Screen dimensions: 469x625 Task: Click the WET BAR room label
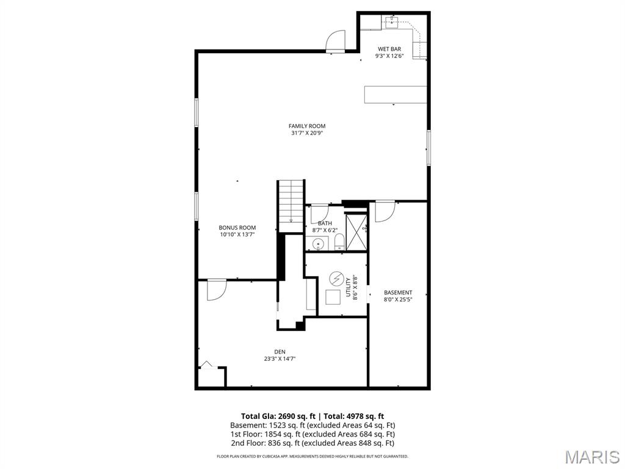389,49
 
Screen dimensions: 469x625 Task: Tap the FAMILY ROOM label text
307,126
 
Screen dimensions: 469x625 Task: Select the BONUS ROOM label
237,228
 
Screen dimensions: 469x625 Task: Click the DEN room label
280,352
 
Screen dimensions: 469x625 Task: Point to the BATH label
325,224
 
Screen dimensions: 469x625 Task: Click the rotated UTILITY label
349,287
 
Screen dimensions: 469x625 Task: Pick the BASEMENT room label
398,293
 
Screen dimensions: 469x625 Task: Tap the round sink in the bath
317,244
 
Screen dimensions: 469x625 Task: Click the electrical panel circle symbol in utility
336,278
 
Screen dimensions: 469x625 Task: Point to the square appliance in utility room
333,297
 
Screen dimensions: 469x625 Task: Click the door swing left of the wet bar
336,42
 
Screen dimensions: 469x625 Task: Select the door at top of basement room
385,211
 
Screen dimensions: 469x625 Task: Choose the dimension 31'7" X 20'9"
307,133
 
